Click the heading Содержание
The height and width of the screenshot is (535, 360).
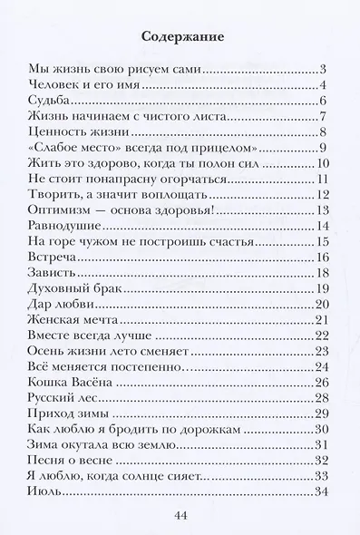pyautogui.click(x=180, y=37)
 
